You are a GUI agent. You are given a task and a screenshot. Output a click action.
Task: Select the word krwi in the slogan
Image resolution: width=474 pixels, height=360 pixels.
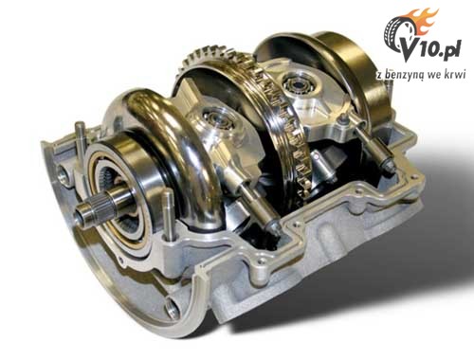(x=455, y=74)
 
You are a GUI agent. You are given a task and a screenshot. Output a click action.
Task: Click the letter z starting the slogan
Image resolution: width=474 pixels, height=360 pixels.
(x=378, y=76)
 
